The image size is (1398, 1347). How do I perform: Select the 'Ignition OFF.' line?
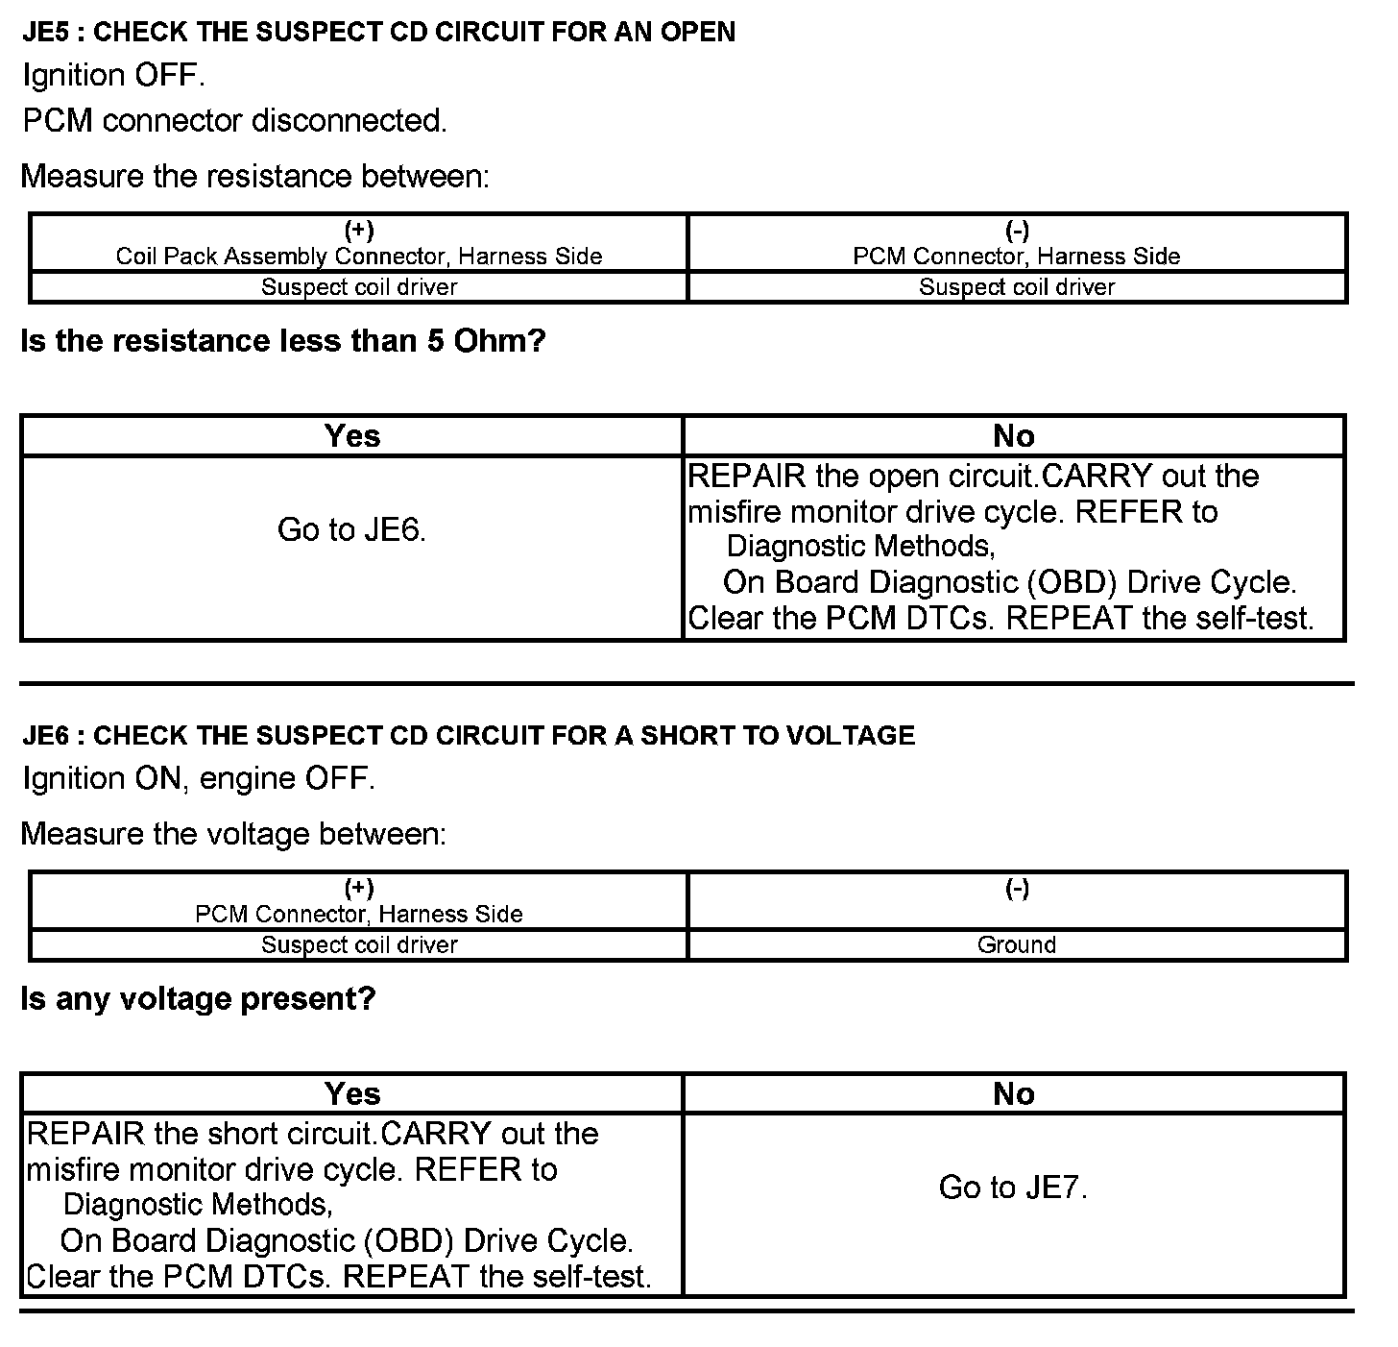[x=113, y=75]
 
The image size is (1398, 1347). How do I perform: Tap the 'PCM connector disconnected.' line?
[x=234, y=121]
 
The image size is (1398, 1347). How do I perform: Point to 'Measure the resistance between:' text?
[x=254, y=177]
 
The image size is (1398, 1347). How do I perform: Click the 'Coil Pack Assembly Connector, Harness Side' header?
[x=359, y=256]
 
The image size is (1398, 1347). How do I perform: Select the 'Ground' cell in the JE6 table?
[x=1016, y=944]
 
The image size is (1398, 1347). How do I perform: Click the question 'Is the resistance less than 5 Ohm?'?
[x=282, y=341]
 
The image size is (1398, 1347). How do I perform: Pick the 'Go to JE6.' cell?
[x=351, y=529]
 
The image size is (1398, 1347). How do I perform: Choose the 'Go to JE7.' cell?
[x=1013, y=1188]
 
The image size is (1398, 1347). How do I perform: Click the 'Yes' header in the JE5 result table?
[x=351, y=436]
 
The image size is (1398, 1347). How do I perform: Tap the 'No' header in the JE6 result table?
[x=1013, y=1093]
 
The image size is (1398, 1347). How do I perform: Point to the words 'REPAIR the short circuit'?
[x=201, y=1134]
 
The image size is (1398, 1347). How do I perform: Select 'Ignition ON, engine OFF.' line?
[x=199, y=778]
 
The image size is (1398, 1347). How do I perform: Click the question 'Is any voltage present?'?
[x=198, y=999]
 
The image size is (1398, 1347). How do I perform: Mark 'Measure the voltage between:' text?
[x=233, y=834]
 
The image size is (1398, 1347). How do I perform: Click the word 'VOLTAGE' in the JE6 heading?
[x=850, y=735]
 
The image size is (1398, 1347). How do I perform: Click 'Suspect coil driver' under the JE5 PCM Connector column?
[x=1016, y=286]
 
